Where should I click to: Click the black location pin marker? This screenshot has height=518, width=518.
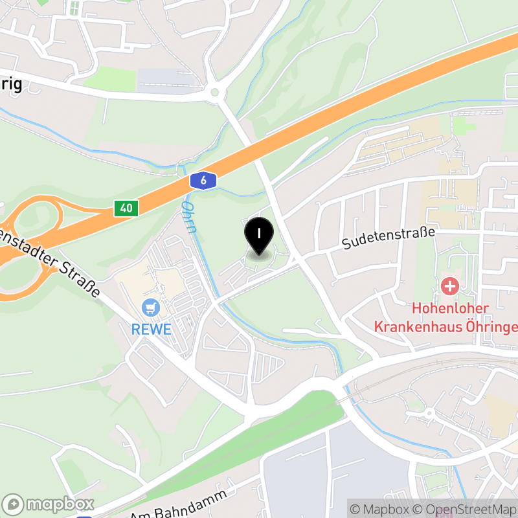pyautogui.click(x=259, y=236)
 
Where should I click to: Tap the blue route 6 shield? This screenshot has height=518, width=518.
pyautogui.click(x=203, y=181)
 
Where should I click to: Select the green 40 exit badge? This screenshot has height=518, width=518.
pyautogui.click(x=126, y=208)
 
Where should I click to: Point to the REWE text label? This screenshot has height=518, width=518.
pyautogui.click(x=152, y=329)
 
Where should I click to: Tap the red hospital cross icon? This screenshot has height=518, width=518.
pyautogui.click(x=449, y=285)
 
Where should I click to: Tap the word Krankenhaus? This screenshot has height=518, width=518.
pyautogui.click(x=446, y=326)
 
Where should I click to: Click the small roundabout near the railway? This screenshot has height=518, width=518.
pyautogui.click(x=428, y=412)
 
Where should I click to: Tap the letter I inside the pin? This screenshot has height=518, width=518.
pyautogui.click(x=259, y=231)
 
